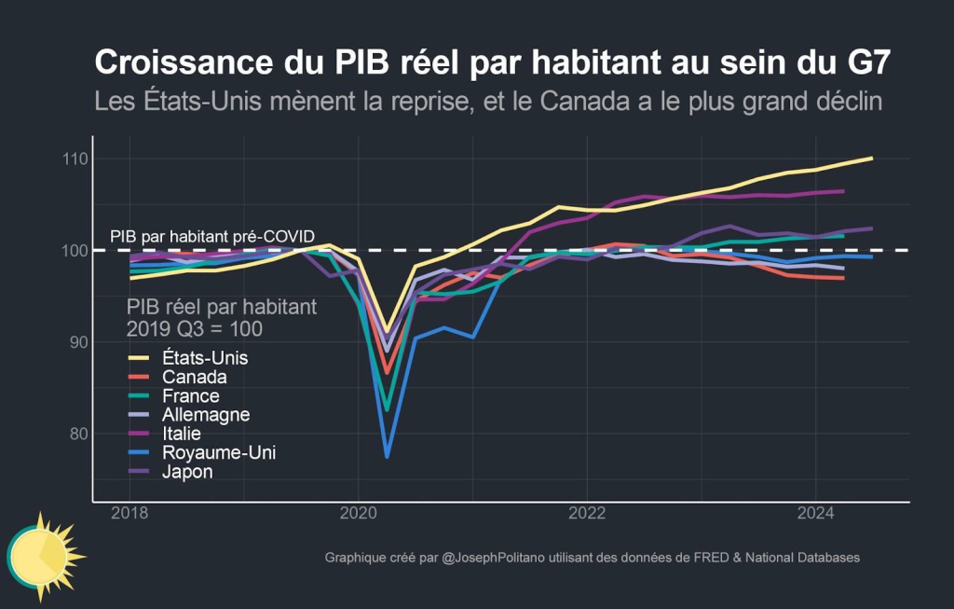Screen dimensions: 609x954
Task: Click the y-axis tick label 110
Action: (x=75, y=159)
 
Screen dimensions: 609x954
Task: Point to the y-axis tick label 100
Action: (x=75, y=251)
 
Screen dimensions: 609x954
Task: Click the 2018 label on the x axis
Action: (x=129, y=514)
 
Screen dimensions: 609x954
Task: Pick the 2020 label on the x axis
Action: (x=359, y=514)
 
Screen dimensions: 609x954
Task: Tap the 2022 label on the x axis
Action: (x=587, y=514)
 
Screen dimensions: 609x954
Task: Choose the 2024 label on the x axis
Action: (x=815, y=514)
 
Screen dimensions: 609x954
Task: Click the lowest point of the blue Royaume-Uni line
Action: (x=387, y=457)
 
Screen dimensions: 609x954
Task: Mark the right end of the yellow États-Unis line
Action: (x=872, y=159)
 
